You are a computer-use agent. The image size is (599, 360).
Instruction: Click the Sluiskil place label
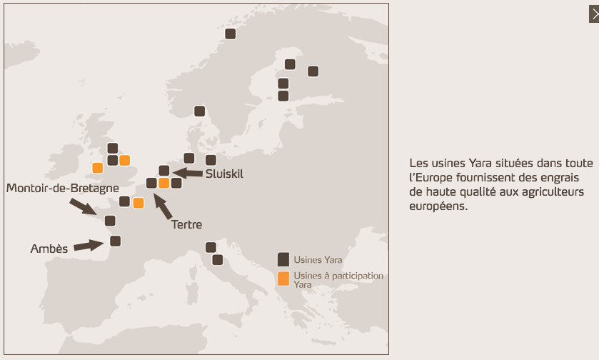pos(225,174)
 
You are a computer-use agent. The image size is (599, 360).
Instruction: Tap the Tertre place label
pos(186,225)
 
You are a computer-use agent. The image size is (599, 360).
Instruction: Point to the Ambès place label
pos(49,249)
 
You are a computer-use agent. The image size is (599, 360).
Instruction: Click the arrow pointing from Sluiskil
pos(189,172)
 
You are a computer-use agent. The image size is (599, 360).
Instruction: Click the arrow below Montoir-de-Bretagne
pos(83,206)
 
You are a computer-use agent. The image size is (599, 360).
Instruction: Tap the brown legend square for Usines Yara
pos(283,259)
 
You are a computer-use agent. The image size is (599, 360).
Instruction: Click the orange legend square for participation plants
pos(283,279)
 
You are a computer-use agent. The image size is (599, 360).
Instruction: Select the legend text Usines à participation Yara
pos(338,279)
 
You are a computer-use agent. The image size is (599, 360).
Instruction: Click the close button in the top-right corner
pos(594,13)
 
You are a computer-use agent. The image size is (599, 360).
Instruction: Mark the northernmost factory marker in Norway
pos(230,34)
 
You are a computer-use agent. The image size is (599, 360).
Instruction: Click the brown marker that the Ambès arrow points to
pos(115,241)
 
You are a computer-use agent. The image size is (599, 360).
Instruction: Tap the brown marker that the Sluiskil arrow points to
pos(163,170)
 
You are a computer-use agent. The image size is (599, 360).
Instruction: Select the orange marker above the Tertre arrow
pos(163,183)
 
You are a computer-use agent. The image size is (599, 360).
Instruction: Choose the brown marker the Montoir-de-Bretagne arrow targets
pos(110,220)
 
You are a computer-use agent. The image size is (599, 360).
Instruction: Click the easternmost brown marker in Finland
pos(313,71)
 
